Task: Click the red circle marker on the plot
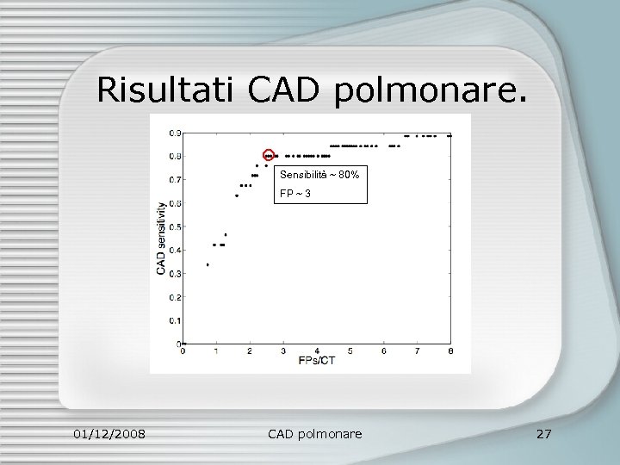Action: tap(269, 155)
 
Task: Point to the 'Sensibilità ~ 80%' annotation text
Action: tap(319, 175)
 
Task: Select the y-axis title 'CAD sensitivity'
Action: tap(161, 239)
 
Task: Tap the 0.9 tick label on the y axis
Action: tap(174, 133)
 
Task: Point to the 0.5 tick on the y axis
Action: tap(174, 226)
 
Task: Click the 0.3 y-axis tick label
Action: tap(174, 274)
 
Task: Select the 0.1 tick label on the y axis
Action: tap(174, 320)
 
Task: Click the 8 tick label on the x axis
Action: tap(450, 351)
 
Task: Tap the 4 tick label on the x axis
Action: tap(316, 351)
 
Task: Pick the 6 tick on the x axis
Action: tap(383, 351)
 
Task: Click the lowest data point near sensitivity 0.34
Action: tap(208, 264)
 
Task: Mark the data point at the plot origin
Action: tap(183, 344)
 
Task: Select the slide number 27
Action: tap(543, 433)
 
